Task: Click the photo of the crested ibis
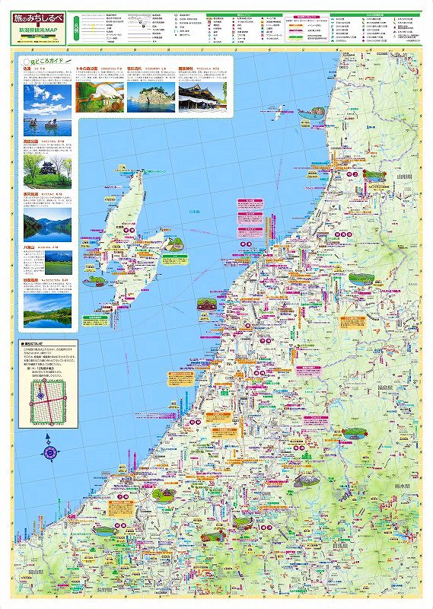point(101,98)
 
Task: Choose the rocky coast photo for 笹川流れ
point(150,98)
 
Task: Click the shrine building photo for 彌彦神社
point(202,98)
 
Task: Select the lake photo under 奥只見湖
point(47,224)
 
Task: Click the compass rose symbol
point(50,450)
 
